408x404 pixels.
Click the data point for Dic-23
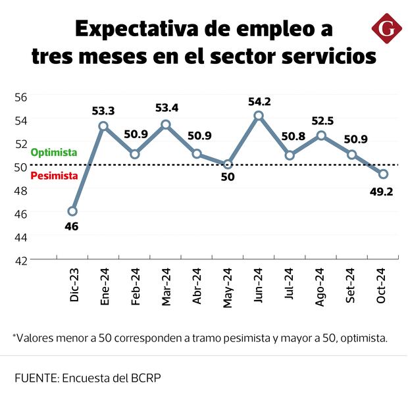pyautogui.click(x=72, y=211)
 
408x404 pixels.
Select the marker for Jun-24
pyautogui.click(x=259, y=116)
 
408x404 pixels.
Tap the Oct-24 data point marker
pyautogui.click(x=383, y=174)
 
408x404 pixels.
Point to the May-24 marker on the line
pyautogui.click(x=228, y=164)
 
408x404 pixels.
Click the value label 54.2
pyautogui.click(x=259, y=101)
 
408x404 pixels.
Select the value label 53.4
pyautogui.click(x=166, y=108)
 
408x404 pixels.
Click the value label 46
pyautogui.click(x=72, y=227)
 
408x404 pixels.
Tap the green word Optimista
pyautogui.click(x=54, y=152)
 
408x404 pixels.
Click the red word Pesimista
pyautogui.click(x=55, y=176)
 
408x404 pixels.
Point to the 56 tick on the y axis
pyautogui.click(x=21, y=97)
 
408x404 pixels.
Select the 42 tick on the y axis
pyautogui.click(x=21, y=260)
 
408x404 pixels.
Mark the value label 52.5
pyautogui.click(x=321, y=120)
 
